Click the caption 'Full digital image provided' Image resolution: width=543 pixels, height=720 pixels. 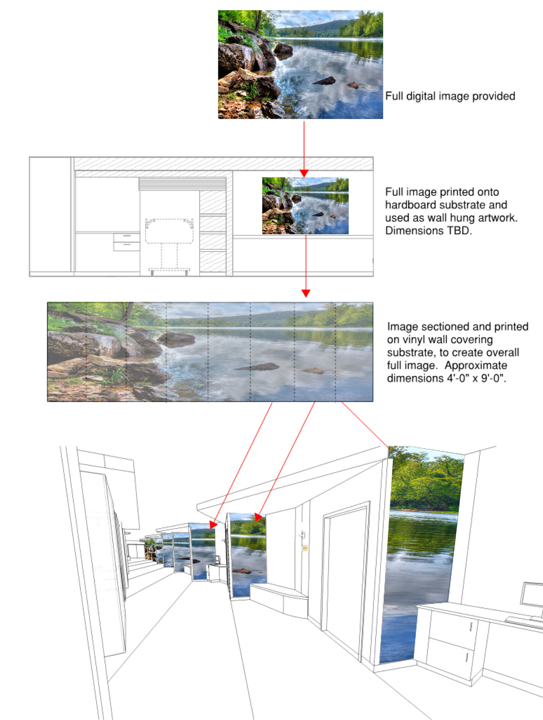450,96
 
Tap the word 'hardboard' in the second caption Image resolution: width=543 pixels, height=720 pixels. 411,205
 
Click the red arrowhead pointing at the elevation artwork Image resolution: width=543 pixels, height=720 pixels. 304,173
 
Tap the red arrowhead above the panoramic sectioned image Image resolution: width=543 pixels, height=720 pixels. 306,293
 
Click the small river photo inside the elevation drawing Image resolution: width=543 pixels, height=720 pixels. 305,206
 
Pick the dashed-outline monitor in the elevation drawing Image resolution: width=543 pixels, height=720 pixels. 170,231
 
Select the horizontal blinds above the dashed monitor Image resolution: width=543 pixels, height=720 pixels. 183,184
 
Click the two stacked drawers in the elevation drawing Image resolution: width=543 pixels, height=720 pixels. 126,242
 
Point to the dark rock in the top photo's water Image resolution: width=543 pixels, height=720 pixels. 324,81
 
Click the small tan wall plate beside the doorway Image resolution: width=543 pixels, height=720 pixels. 305,548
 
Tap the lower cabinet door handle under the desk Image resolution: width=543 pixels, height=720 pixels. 467,657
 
